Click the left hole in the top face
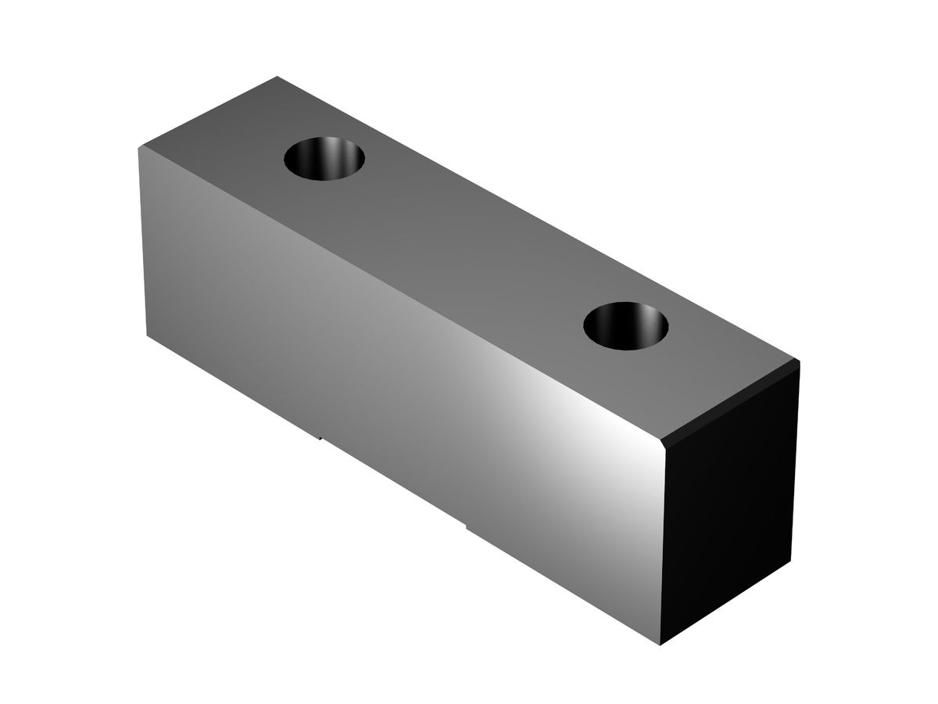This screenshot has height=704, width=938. point(324,160)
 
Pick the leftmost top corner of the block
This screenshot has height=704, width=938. point(138,147)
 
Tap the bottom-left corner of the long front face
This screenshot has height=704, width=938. point(149,335)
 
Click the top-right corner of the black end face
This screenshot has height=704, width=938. point(799,362)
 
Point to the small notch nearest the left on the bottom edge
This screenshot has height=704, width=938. point(320,436)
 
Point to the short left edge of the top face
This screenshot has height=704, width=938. point(208,112)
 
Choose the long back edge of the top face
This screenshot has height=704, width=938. point(539,220)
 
